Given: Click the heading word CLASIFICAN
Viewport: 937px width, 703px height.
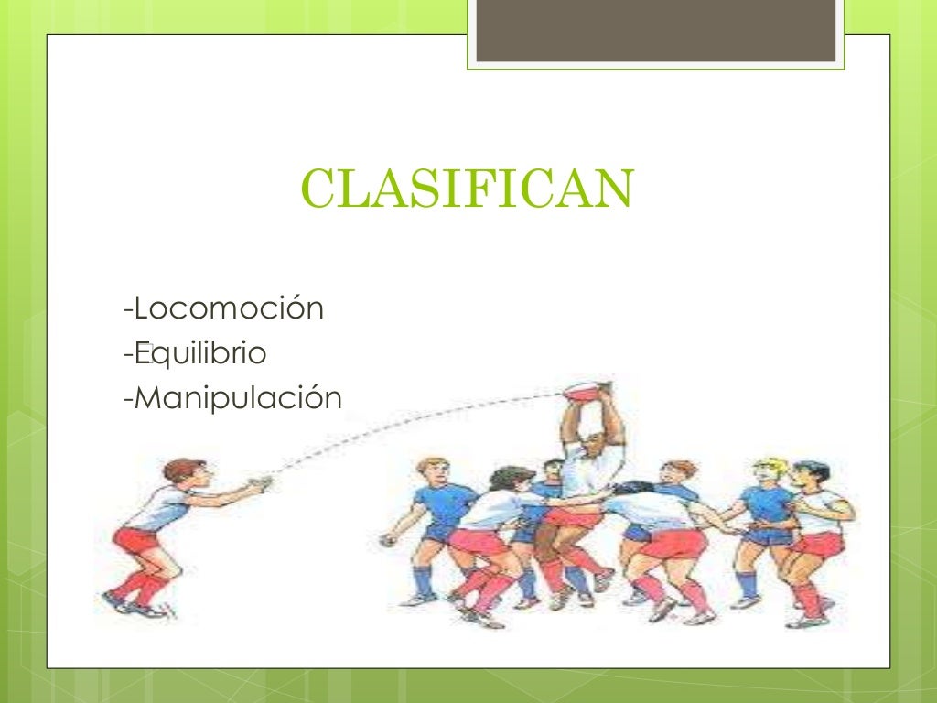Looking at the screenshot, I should (467, 189).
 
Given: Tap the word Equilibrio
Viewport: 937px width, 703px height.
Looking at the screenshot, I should (199, 353).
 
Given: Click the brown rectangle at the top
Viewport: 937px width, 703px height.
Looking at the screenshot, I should (656, 32).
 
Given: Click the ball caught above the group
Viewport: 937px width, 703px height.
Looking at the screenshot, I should (586, 392).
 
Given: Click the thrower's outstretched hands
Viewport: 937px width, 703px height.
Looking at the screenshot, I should (258, 483).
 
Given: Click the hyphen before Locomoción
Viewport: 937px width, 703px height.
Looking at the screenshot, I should (127, 310).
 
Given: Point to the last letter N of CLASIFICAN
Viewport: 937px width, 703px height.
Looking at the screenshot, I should (614, 189).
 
